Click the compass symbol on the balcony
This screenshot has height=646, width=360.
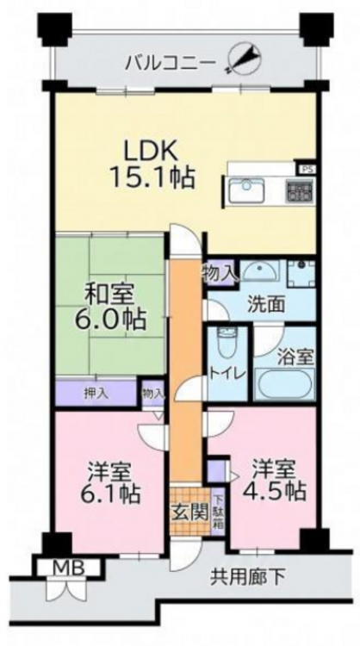245,60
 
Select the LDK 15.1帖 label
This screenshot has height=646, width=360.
152,165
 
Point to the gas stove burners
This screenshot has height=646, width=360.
300,191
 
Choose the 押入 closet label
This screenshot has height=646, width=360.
96,394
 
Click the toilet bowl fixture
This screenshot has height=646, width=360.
225,344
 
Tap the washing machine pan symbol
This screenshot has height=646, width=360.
301,273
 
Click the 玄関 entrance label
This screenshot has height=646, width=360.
189,512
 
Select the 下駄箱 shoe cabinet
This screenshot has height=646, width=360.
218,512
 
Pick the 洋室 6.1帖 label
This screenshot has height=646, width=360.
109,482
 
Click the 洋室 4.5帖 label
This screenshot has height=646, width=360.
275,480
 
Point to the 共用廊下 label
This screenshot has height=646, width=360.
248,577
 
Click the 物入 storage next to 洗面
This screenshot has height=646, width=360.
220,272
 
